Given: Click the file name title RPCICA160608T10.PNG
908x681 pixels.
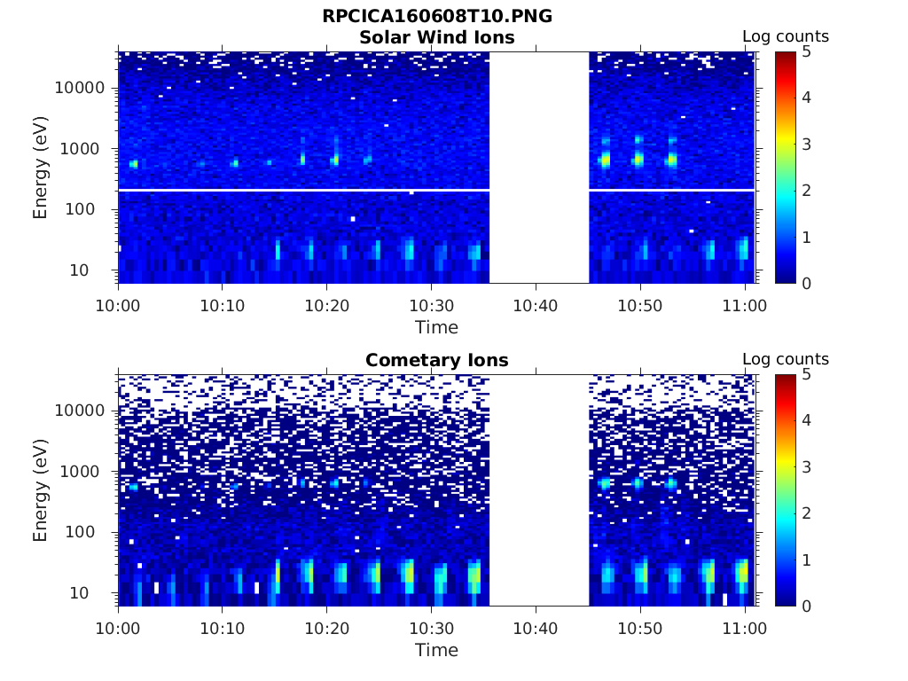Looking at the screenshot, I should click(x=436, y=17).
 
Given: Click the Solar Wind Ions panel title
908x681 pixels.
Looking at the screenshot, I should click(x=436, y=37).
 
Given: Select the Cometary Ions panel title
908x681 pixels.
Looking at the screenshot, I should click(x=436, y=360).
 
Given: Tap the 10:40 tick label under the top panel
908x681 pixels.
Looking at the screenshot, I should click(x=536, y=305).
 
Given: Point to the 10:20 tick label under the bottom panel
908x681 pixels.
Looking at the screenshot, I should click(x=327, y=628).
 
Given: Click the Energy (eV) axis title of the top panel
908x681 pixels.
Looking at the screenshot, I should click(x=41, y=168).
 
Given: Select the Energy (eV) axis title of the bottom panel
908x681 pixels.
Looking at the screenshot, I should click(x=41, y=490).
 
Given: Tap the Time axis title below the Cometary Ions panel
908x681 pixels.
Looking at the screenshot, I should click(x=436, y=650).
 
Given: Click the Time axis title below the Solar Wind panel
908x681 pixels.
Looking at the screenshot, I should click(x=436, y=327).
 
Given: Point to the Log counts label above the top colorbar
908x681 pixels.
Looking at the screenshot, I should click(x=785, y=36).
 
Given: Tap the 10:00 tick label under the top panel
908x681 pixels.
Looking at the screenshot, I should click(x=119, y=305).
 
